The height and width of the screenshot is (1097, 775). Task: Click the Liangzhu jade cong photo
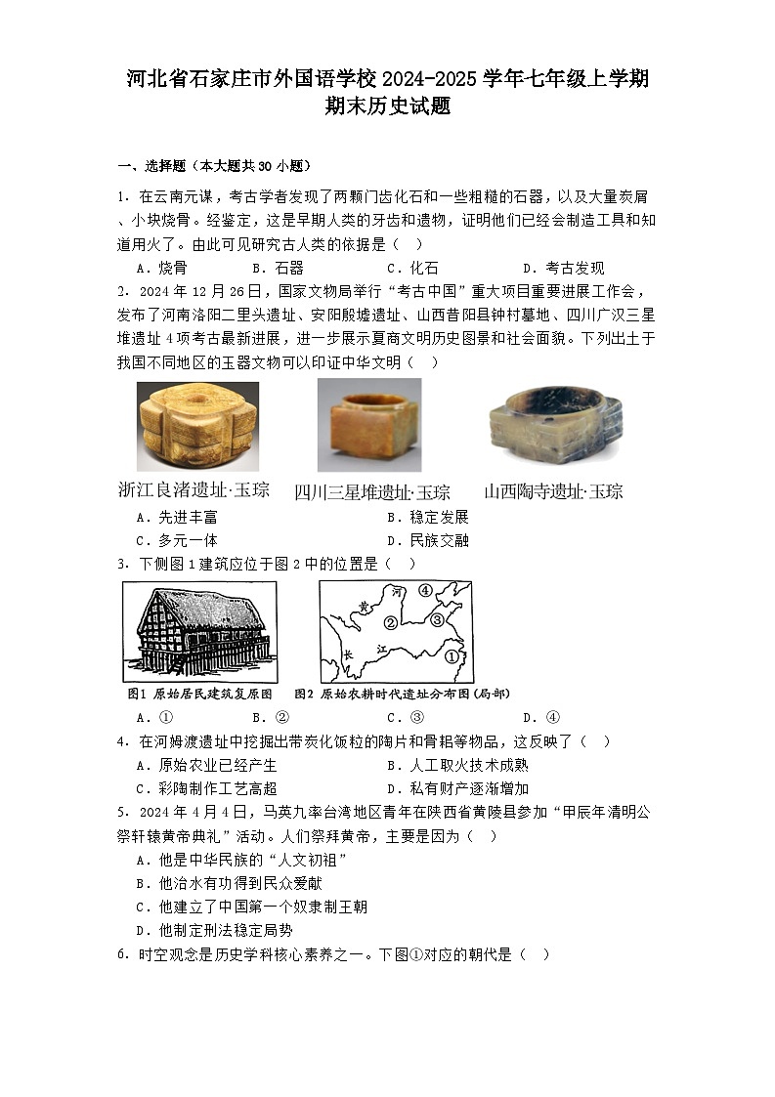198,427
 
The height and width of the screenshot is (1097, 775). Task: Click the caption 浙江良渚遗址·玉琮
193,490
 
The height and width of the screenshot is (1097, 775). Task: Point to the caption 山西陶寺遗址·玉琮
553,491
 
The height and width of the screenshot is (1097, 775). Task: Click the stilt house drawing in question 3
199,630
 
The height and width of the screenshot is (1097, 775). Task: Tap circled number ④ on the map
425,591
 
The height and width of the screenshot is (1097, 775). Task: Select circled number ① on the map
451,657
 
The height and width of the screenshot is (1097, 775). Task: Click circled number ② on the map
390,622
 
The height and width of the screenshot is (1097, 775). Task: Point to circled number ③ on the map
438,618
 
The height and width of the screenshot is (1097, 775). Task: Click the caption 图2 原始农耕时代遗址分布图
401,694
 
